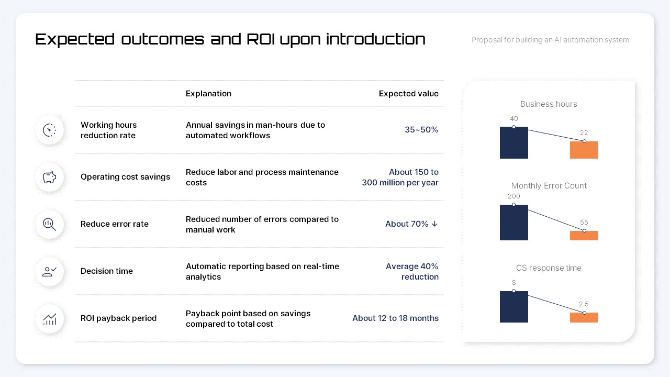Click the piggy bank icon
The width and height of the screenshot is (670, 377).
pyautogui.click(x=50, y=178)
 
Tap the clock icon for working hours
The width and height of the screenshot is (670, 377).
pyautogui.click(x=50, y=130)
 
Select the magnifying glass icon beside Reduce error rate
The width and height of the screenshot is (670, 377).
pyautogui.click(x=50, y=225)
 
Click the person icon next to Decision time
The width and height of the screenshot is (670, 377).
pyautogui.click(x=50, y=272)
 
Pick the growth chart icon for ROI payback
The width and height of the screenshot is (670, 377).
pyautogui.click(x=50, y=319)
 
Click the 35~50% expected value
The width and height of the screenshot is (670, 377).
pyautogui.click(x=421, y=130)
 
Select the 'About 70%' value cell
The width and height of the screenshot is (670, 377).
pyautogui.click(x=411, y=224)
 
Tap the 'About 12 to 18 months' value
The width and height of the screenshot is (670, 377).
pyautogui.click(x=395, y=318)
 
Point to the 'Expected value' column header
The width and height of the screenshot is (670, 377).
pyautogui.click(x=408, y=94)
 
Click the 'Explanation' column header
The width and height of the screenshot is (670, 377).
pyautogui.click(x=208, y=94)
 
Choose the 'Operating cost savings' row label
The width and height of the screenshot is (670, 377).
pyautogui.click(x=125, y=177)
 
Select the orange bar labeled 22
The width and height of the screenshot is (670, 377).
pyautogui.click(x=584, y=150)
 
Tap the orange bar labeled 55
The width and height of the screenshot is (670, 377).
pyautogui.click(x=584, y=236)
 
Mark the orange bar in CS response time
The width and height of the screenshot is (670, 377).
pyautogui.click(x=584, y=317)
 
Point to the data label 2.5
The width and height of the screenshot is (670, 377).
pyautogui.click(x=584, y=304)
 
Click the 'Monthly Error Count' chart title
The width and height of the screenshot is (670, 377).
pyautogui.click(x=549, y=186)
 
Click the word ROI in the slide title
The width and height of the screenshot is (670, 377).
pyautogui.click(x=260, y=39)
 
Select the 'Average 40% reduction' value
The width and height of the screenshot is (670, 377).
pyautogui.click(x=412, y=271)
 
